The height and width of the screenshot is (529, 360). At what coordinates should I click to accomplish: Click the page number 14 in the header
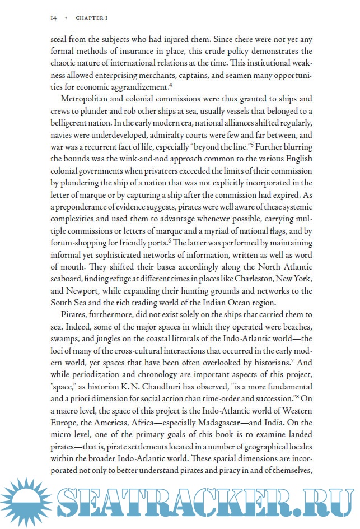coord(54,17)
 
